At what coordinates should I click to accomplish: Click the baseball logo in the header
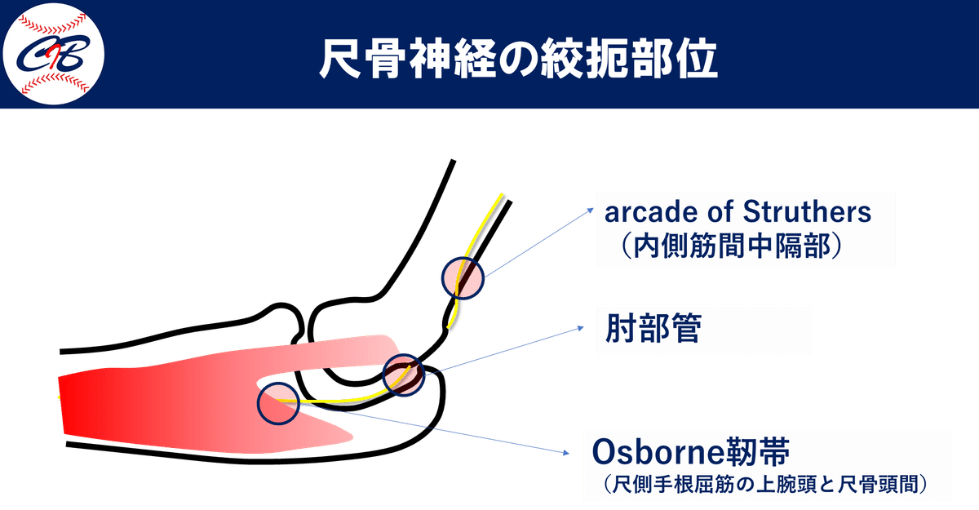tap(54, 55)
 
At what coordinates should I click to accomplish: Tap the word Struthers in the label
tap(810, 213)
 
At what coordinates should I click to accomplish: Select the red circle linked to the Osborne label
tap(278, 403)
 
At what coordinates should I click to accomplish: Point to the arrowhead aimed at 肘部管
tap(582, 327)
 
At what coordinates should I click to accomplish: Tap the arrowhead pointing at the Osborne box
tap(568, 454)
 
